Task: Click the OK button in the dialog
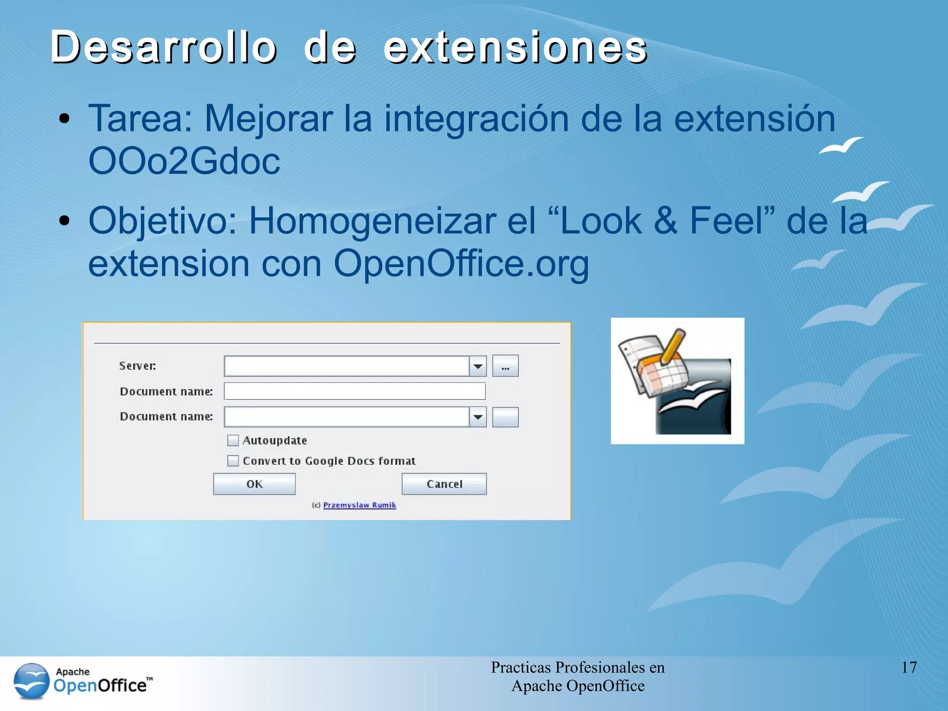tap(254, 484)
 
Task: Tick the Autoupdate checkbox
tap(233, 440)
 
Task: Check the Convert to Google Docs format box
tap(233, 461)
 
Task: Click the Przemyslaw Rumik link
tap(359, 505)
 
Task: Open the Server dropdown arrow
tap(478, 367)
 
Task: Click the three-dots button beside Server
tap(505, 367)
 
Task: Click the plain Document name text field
tap(355, 392)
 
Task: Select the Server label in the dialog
tap(137, 366)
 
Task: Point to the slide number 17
tap(909, 667)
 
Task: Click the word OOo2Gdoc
tap(184, 161)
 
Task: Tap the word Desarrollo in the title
tap(163, 47)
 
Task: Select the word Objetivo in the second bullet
tap(162, 221)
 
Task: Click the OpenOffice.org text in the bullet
tap(461, 264)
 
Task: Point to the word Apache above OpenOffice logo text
tap(73, 672)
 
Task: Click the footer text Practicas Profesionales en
tap(578, 667)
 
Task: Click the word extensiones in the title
tap(515, 47)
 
